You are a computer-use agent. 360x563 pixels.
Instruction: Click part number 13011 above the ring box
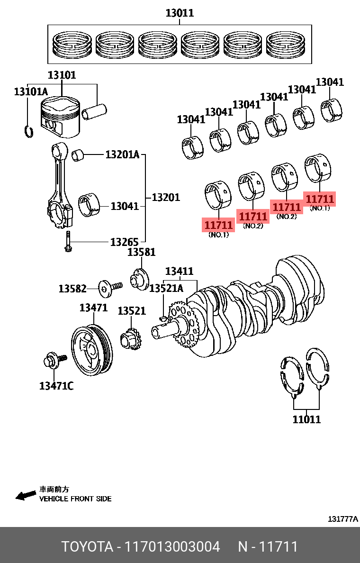[x=180, y=13]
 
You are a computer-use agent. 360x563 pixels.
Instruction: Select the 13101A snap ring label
[x=31, y=91]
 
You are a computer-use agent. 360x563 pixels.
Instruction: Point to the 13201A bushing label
[x=122, y=154]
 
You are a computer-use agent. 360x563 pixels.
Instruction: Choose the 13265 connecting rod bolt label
[x=124, y=242]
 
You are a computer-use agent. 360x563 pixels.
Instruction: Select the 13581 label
[x=141, y=252]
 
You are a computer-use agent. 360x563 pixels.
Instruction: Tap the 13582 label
[x=72, y=288]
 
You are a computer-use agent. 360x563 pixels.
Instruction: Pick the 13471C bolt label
[x=56, y=386]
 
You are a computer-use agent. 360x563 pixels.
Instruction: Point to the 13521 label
[x=132, y=311]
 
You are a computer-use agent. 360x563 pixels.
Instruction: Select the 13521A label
[x=166, y=288]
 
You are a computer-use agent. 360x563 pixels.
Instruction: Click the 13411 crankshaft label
[x=179, y=271]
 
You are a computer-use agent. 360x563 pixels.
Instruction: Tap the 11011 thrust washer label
[x=306, y=419]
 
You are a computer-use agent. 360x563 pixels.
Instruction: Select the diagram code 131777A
[x=343, y=519]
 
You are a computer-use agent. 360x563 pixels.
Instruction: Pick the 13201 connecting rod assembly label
[x=166, y=197]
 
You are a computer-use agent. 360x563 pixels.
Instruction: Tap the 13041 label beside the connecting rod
[x=125, y=206]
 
